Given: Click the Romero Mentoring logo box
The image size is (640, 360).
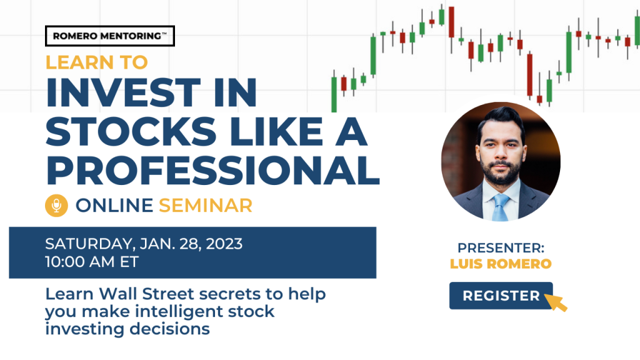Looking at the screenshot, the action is coord(110,36).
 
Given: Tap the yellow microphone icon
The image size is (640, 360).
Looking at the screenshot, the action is coord(56,205).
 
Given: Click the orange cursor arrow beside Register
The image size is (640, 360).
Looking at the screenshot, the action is coord(556,302).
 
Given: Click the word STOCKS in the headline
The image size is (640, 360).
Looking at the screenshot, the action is coord(131,131).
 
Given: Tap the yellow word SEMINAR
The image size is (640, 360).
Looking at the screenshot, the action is coord(205,205).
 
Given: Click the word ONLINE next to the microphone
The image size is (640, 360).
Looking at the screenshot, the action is coord(114,205).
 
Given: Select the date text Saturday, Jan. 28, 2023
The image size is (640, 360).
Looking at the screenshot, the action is coord(144,244).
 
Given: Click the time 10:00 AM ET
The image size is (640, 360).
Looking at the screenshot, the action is coord(92,262).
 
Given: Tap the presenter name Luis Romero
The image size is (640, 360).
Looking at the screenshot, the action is coord(501,264).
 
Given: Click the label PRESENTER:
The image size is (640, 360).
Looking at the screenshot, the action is coord(501,247).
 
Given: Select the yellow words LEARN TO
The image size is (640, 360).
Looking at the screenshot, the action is coord(96,62).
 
